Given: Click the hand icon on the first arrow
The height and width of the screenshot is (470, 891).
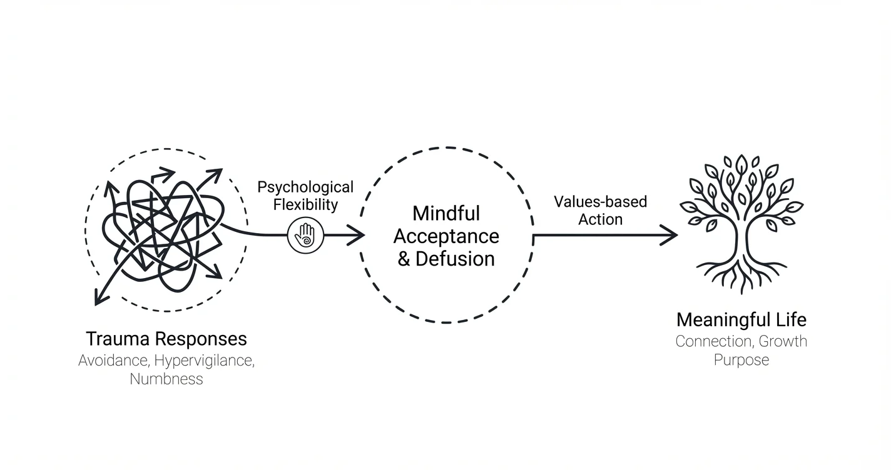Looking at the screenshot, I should pos(306,236).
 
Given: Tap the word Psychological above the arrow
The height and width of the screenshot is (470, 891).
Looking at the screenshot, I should pos(305,187).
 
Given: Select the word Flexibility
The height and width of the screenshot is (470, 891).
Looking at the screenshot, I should pos(305,204).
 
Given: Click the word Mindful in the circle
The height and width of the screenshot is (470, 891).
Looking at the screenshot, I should pos(446,213).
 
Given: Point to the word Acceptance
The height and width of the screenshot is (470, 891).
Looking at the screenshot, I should pos(446,236).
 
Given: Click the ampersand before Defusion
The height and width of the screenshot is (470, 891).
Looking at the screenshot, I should pos(404,259).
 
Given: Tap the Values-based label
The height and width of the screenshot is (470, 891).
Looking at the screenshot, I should pos(600,202).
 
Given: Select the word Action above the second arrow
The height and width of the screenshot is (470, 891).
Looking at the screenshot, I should pos(600,219).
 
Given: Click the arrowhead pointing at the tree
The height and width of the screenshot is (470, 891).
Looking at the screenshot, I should pos(671,236).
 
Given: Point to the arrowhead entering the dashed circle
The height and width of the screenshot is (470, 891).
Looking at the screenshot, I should pos(357,236).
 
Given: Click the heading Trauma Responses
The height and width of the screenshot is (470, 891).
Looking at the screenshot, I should pos(166,339).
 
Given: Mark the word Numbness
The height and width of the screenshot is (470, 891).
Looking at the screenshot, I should pos(166,379).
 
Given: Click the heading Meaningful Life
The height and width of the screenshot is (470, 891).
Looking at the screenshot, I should pos(741,320).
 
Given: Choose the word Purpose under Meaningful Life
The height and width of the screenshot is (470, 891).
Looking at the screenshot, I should pos(741,360).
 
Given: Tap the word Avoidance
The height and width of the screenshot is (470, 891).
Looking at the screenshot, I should pos(114,361).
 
